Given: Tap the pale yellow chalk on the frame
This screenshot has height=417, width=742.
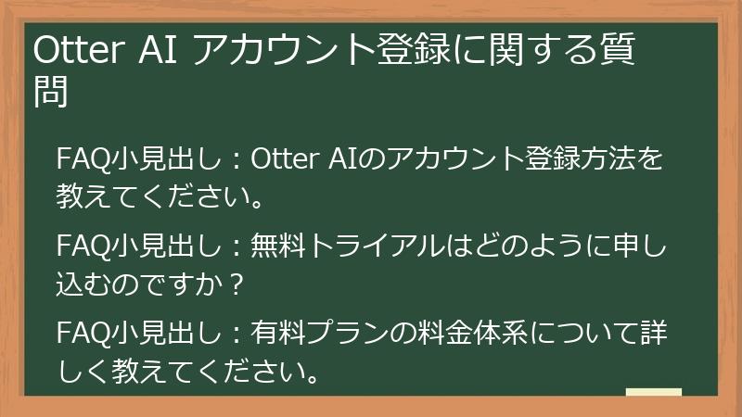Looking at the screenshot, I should pos(654,394).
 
